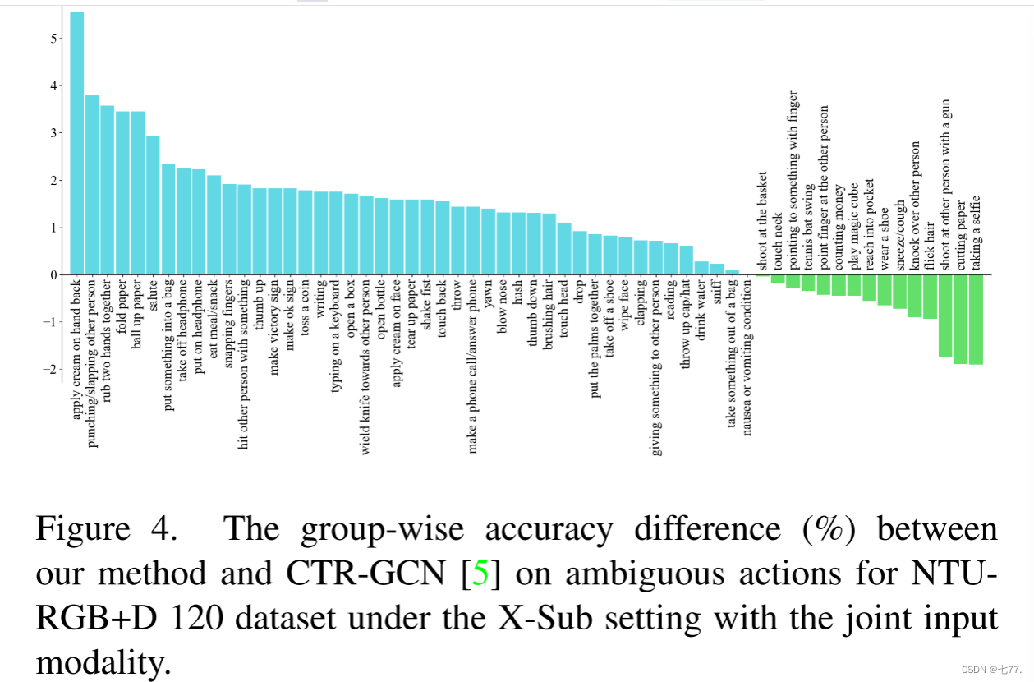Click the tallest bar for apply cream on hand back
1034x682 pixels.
tap(77, 144)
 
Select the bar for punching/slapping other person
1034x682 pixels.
tap(92, 185)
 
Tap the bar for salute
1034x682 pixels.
tap(153, 205)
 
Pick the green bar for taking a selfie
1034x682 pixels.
tap(977, 320)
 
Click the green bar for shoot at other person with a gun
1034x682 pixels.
tap(945, 316)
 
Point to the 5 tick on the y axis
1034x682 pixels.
tap(53, 38)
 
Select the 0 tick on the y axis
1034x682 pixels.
tap(53, 274)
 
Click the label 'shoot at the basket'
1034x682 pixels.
tap(763, 221)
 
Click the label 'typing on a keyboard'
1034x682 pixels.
tap(336, 338)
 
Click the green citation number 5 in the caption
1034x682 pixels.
tap(480, 574)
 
